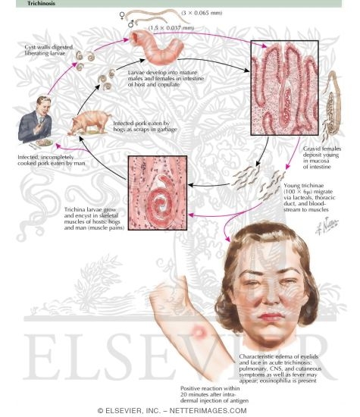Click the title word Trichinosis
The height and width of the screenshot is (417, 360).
tap(41, 4)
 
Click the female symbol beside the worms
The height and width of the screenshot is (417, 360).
tap(122, 15)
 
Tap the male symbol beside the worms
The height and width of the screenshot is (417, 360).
tap(131, 24)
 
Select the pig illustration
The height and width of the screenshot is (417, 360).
tap(90, 122)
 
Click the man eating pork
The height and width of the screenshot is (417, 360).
tap(36, 119)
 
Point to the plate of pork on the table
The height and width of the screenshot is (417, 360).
tap(44, 143)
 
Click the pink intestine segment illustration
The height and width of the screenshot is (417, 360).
tap(156, 47)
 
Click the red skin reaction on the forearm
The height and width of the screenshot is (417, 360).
tap(199, 331)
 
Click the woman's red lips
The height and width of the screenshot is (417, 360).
tap(271, 316)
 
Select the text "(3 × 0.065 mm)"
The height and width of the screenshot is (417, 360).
tap(202, 13)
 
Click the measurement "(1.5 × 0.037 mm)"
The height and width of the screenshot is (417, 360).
tap(171, 27)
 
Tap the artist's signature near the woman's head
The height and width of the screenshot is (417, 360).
tap(327, 227)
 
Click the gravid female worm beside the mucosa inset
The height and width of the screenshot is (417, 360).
tap(331, 105)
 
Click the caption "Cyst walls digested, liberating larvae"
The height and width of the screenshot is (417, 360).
tap(49, 50)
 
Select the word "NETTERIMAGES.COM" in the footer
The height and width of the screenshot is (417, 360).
tap(208, 411)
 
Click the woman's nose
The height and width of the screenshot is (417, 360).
tap(271, 298)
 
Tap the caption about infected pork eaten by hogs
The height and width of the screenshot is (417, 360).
tap(146, 127)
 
